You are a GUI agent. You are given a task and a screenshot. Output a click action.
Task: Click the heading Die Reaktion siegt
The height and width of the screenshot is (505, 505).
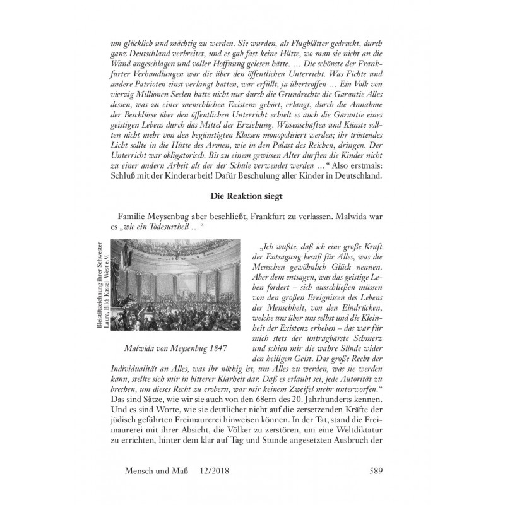tap(252, 197)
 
